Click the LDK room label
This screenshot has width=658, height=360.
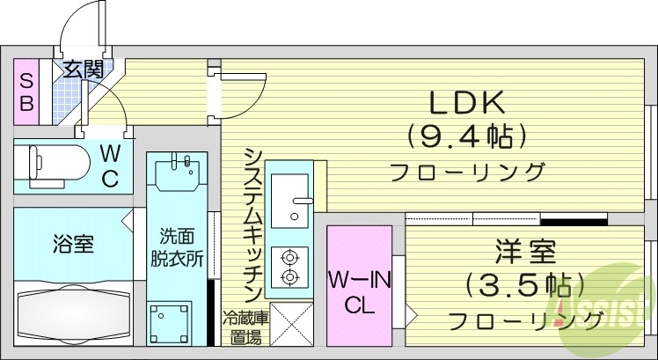point(466,103)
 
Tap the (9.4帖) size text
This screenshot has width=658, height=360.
point(466,136)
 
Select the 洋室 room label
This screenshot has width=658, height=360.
point(525,253)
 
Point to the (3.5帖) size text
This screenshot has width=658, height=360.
point(525,285)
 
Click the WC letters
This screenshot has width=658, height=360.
point(110,165)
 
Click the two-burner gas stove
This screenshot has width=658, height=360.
point(289,267)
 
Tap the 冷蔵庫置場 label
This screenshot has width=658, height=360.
point(244,327)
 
